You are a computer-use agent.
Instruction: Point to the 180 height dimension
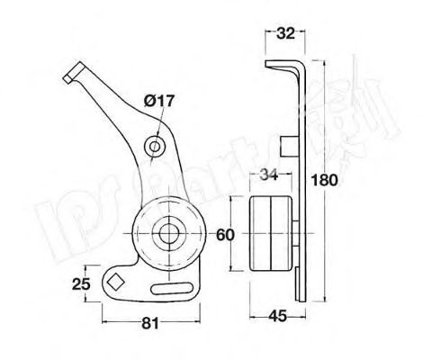click(x=326, y=180)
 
